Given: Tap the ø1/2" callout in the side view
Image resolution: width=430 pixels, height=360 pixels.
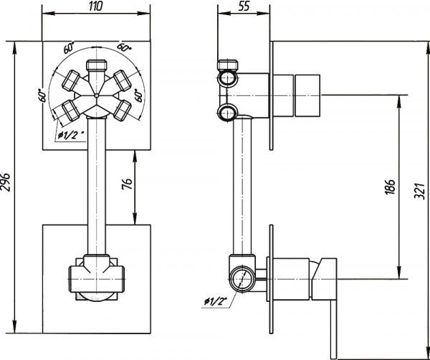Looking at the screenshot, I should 214,302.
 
